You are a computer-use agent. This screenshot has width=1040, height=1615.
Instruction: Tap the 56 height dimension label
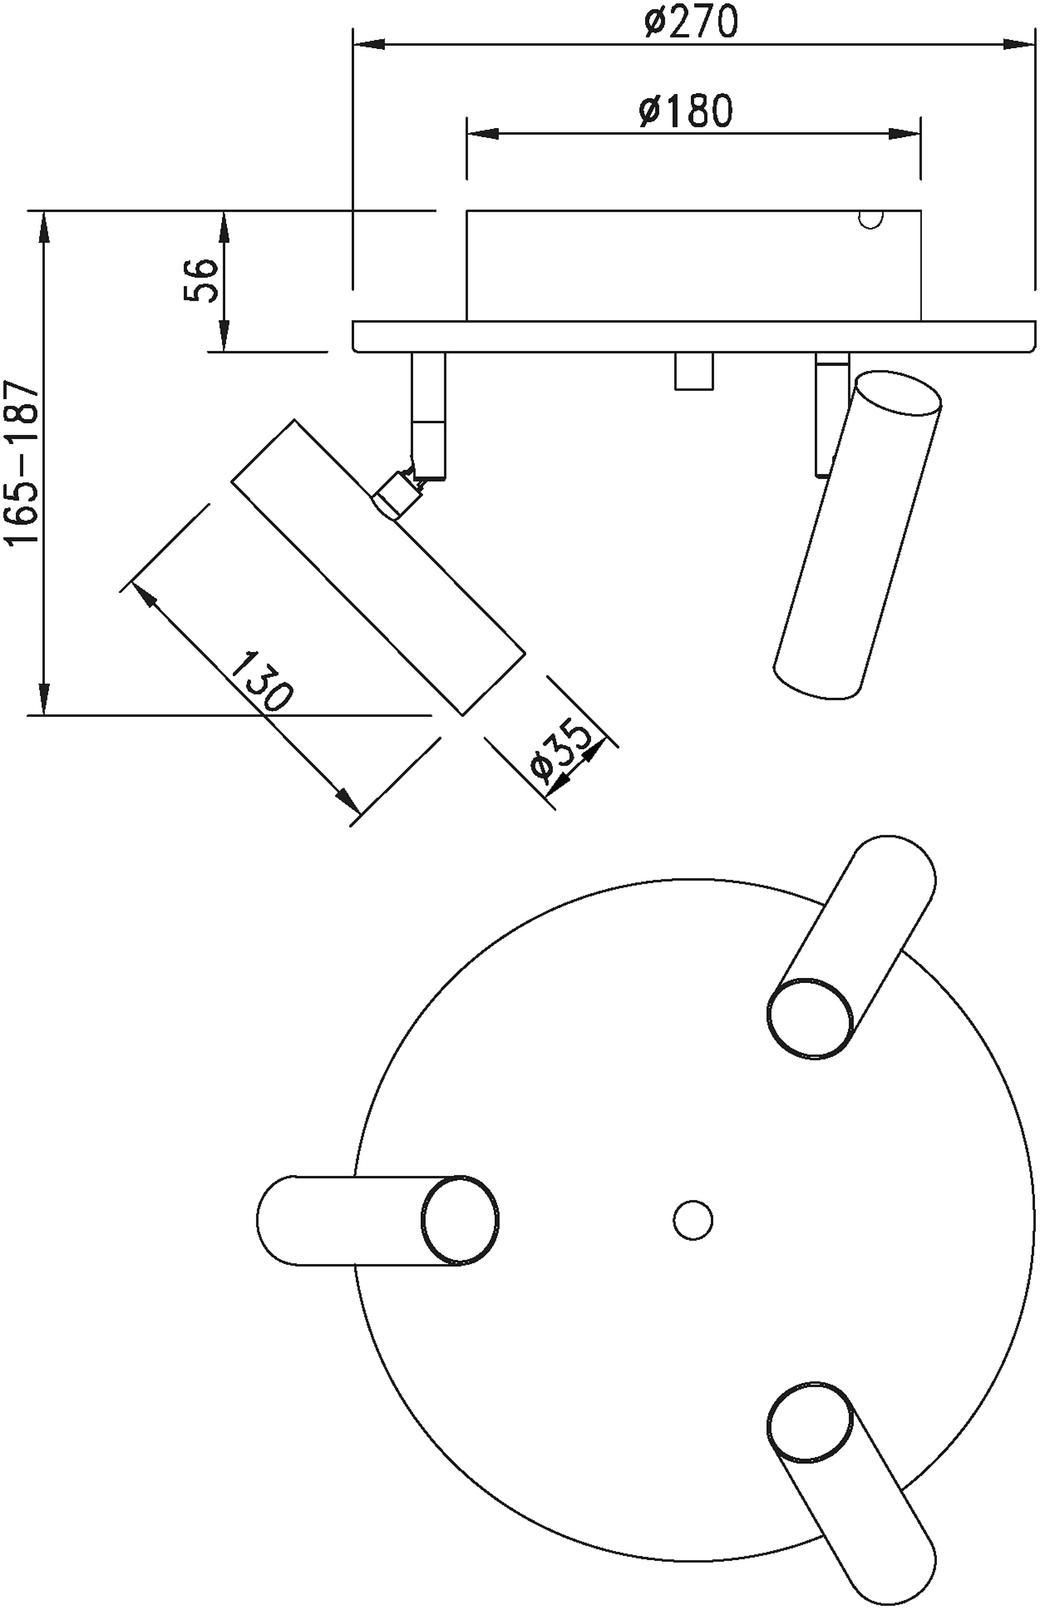click(201, 281)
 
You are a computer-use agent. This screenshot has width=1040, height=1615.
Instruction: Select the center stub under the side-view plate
click(694, 371)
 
